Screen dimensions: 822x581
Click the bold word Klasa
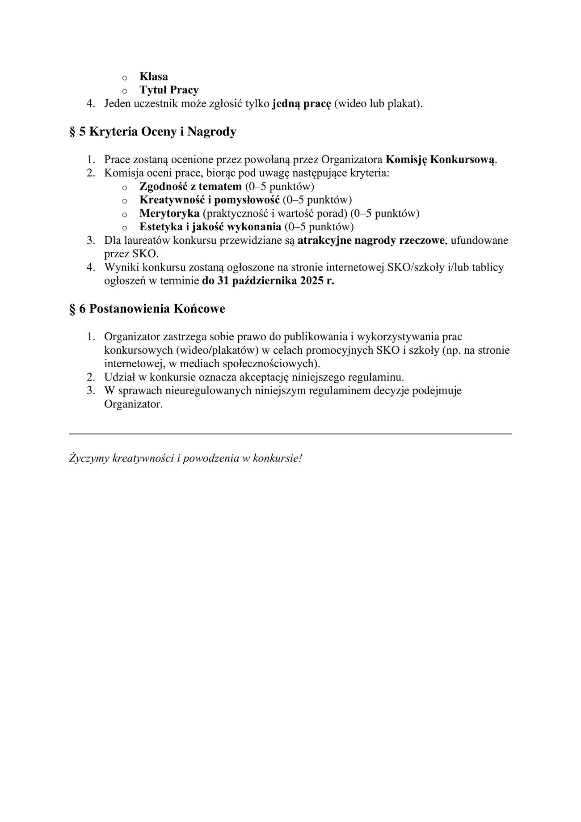coord(153,76)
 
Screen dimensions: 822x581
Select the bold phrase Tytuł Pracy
coord(168,90)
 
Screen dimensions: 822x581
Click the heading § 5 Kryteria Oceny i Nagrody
coord(152,132)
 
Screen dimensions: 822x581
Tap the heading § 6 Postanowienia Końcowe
coord(147,309)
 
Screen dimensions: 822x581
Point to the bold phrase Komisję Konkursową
coord(441,160)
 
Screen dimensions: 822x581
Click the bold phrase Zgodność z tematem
coord(190,186)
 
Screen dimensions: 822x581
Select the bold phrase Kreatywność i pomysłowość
coord(209,200)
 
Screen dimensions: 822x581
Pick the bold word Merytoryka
coord(169,213)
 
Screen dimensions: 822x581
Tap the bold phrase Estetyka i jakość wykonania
coord(210,227)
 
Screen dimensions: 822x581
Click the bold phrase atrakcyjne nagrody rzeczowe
coord(371,241)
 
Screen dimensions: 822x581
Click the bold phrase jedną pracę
coord(302,104)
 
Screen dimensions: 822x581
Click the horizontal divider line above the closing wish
coord(290,434)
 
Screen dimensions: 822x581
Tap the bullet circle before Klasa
coord(125,78)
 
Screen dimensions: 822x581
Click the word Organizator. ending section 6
coord(133,404)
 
